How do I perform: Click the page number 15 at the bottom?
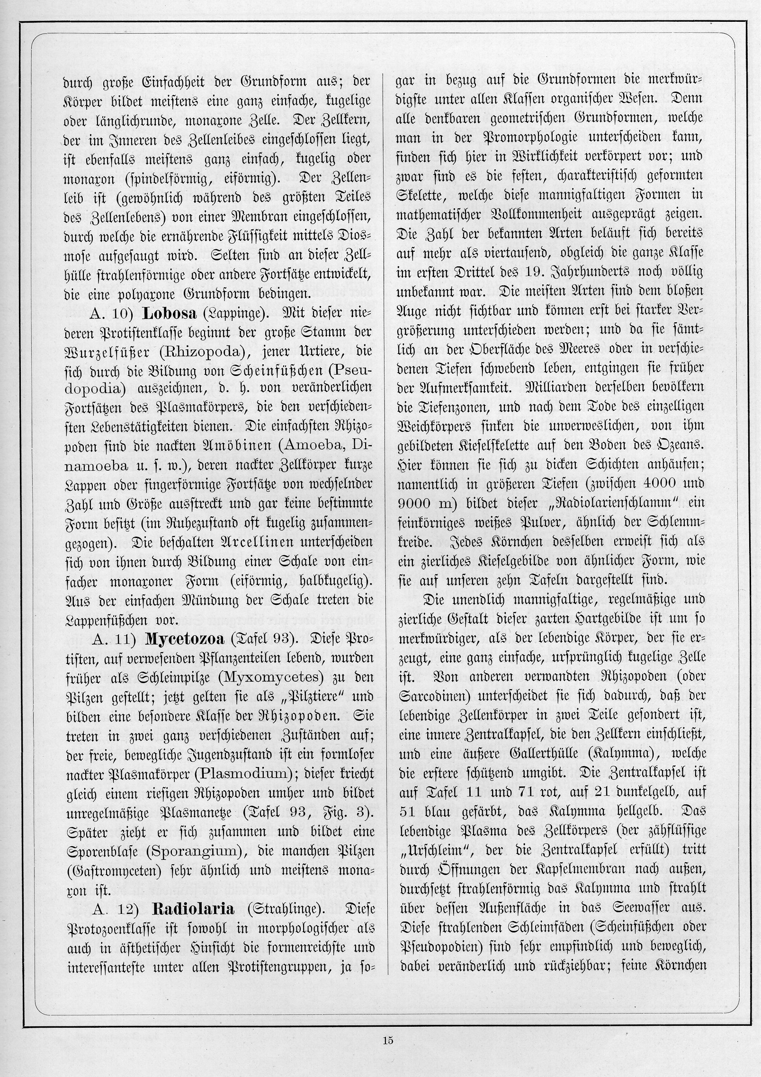pyautogui.click(x=388, y=1040)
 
